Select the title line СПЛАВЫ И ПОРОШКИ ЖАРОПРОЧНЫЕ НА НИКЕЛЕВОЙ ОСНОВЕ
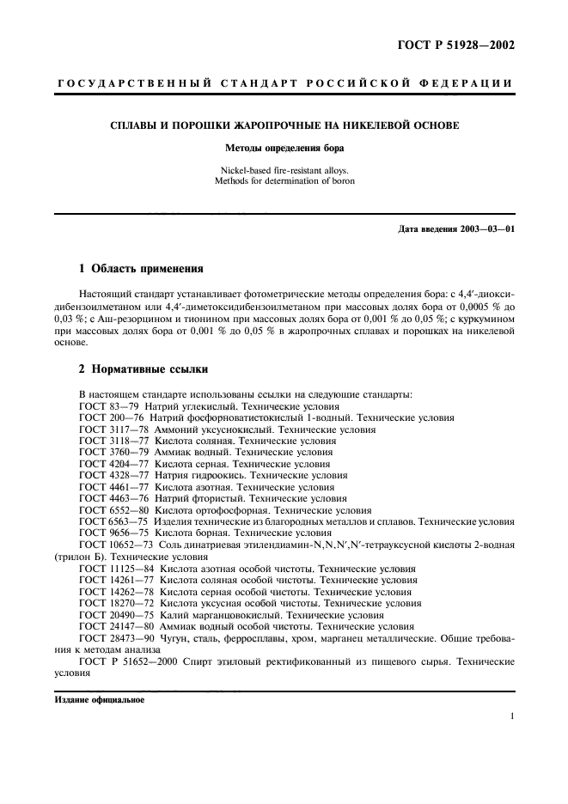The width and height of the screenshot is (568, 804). click(x=284, y=125)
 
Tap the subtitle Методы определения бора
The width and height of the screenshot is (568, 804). click(x=284, y=148)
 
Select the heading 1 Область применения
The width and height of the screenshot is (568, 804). click(x=141, y=268)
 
